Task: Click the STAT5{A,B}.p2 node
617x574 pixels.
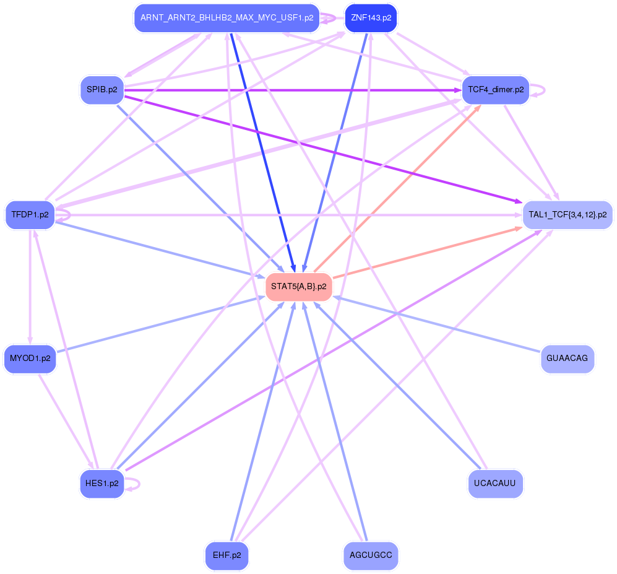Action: point(299,287)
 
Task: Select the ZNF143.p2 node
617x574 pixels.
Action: point(371,18)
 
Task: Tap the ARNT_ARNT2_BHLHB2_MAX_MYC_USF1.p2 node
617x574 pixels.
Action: point(227,18)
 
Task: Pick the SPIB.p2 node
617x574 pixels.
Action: point(102,90)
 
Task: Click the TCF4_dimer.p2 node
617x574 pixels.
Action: point(496,90)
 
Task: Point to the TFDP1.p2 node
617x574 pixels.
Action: point(30,215)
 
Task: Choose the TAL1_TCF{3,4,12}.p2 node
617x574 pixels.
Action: point(567,215)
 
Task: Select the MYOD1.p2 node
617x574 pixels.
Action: point(30,359)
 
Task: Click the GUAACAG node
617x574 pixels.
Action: point(567,359)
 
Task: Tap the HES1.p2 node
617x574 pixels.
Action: point(102,484)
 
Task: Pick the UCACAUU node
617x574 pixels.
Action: point(496,484)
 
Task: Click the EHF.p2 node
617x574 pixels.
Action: point(227,555)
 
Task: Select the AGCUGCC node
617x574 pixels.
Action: point(371,555)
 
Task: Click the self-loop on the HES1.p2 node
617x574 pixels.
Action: point(134,484)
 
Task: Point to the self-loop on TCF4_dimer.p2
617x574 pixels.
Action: point(538,90)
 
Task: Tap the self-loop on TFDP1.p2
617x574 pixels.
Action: point(64,215)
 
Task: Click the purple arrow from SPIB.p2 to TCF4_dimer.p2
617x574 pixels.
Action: point(293,90)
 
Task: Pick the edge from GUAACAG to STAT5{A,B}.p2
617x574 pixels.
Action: point(437,324)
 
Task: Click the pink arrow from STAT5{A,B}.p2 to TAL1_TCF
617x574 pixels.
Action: point(428,253)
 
